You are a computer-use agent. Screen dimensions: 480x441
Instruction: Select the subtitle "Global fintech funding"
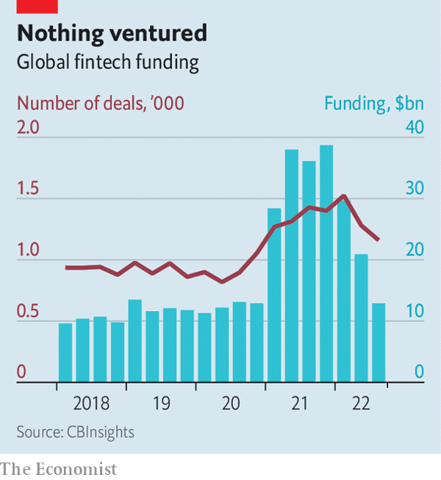pyautogui.click(x=108, y=62)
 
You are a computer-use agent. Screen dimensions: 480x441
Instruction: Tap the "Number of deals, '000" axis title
pyautogui.click(x=100, y=102)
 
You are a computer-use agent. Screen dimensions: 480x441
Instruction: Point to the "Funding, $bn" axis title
pyautogui.click(x=374, y=102)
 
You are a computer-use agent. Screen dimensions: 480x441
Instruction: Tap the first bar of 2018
pyautogui.click(x=65, y=353)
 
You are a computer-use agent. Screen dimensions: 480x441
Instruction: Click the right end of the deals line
pyautogui.click(x=379, y=240)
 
